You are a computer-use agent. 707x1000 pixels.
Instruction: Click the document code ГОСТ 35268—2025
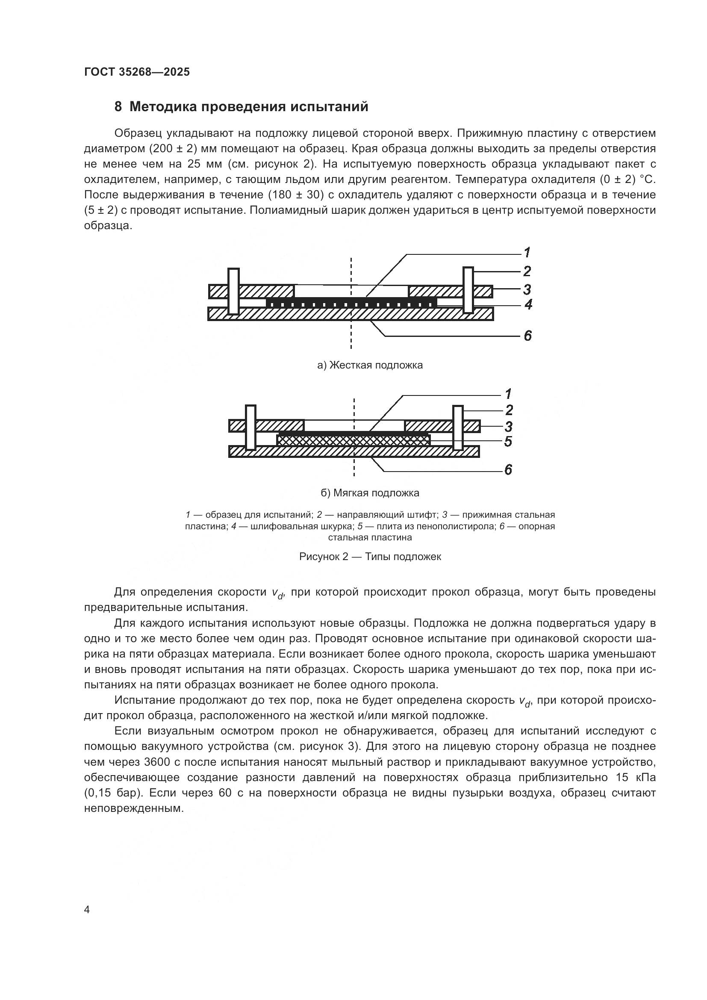137,72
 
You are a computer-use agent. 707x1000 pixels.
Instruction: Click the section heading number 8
118,107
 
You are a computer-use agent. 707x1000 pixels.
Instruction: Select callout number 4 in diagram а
528,304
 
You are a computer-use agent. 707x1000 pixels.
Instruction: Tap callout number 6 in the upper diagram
527,336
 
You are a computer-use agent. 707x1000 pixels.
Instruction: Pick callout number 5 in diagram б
508,442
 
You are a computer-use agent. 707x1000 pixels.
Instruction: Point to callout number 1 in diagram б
508,394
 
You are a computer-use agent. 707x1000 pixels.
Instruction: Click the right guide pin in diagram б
458,428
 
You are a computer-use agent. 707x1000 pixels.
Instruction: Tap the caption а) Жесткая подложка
370,365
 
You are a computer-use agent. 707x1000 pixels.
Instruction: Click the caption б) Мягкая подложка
370,493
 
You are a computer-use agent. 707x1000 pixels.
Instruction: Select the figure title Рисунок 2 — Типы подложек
370,557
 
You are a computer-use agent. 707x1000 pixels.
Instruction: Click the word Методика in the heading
163,107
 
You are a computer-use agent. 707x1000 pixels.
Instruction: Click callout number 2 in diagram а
527,271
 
